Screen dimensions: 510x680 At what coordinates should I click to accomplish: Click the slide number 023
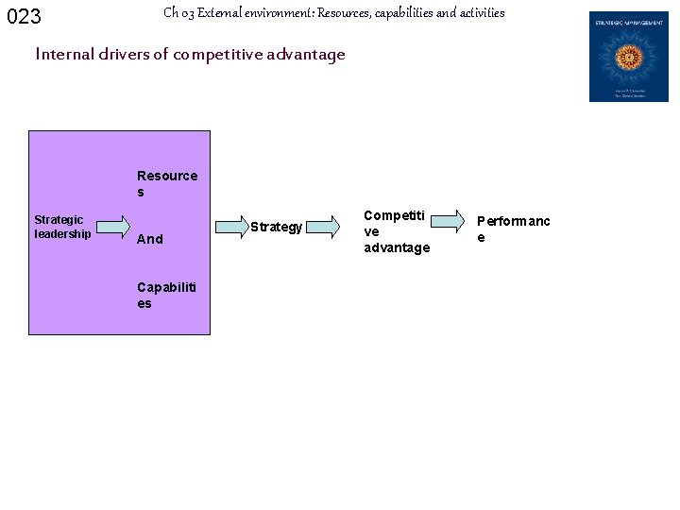24,16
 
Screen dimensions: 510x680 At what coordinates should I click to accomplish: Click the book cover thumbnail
628,57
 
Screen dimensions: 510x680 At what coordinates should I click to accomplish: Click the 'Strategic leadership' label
62,227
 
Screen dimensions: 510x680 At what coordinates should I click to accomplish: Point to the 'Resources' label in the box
166,183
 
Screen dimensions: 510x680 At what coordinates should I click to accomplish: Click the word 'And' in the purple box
150,239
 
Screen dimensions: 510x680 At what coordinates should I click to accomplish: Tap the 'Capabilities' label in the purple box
167,295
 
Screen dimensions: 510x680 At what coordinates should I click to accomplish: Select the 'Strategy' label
277,227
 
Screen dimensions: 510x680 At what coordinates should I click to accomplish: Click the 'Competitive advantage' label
397,231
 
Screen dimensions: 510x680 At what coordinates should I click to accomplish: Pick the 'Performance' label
513,229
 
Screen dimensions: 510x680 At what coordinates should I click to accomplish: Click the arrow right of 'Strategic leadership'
113,226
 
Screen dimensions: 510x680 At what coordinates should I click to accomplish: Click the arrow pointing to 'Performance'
450,220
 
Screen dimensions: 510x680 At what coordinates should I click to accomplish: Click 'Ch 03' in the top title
178,13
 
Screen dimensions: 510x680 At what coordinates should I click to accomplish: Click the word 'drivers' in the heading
120,54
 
